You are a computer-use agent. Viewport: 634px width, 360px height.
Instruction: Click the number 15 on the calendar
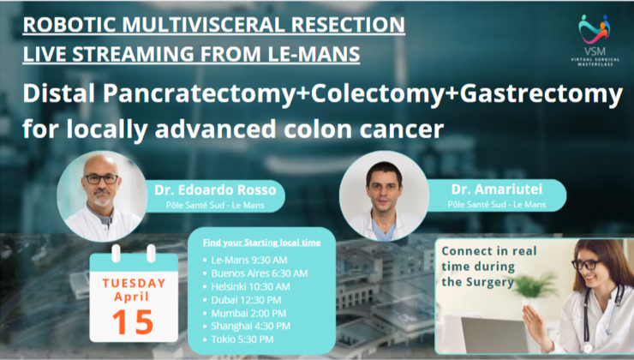click(133, 321)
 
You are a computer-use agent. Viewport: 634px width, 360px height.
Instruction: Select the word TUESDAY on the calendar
click(134, 282)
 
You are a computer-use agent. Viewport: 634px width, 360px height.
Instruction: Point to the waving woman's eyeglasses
click(587, 265)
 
